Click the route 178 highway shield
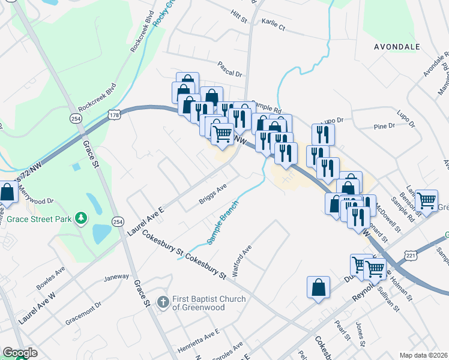coord(114,113)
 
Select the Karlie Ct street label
coord(273,27)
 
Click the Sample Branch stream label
coord(223,222)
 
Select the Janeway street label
coord(116,277)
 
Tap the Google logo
coord(20,353)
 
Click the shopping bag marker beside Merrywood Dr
coord(7,194)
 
